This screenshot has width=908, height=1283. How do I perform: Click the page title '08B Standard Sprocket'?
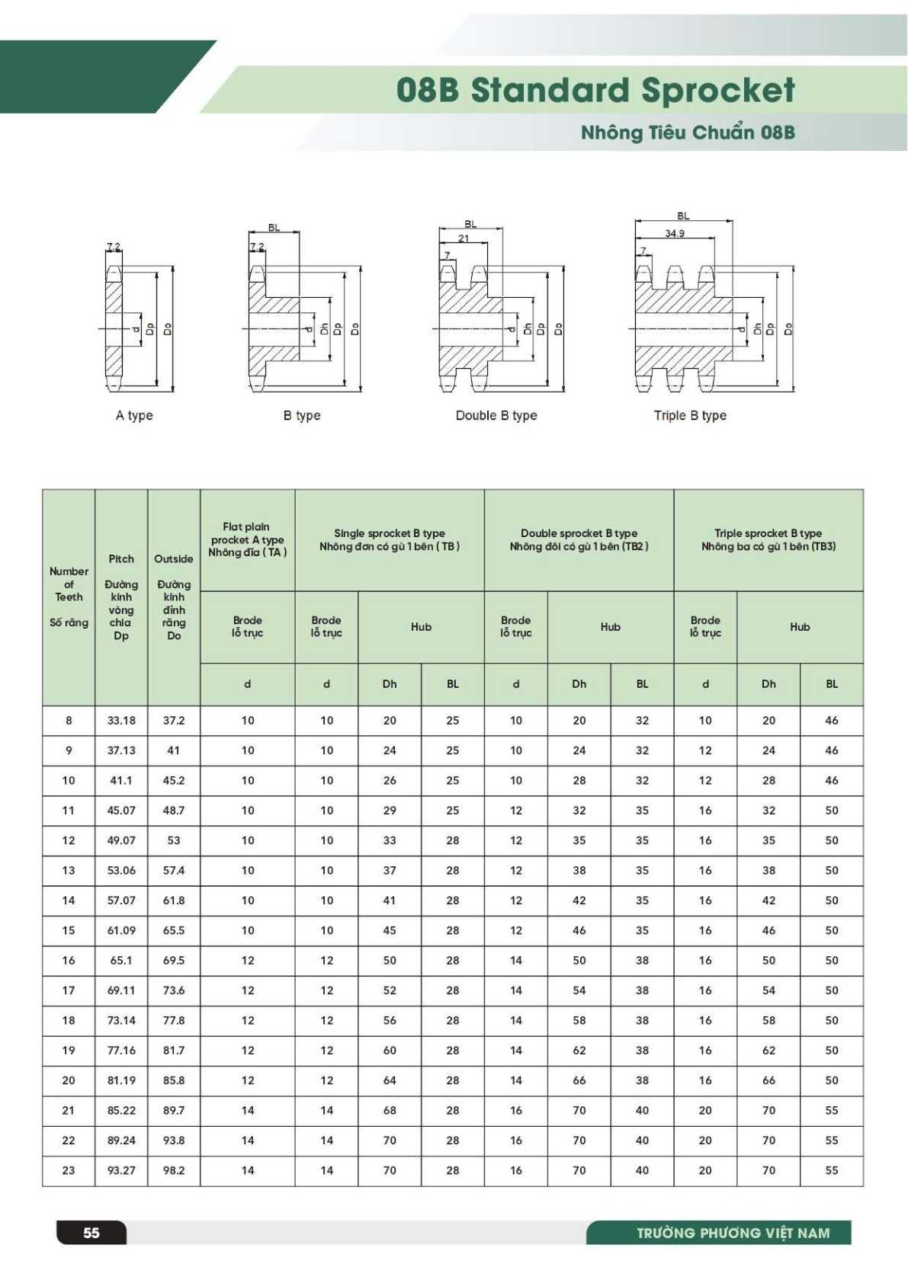click(x=595, y=90)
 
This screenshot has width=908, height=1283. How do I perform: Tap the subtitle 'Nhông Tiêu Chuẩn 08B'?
click(x=688, y=133)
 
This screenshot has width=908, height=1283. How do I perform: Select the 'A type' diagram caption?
click(x=134, y=415)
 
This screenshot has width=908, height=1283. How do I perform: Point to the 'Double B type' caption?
click(x=496, y=415)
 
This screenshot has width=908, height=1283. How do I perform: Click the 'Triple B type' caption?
click(x=690, y=415)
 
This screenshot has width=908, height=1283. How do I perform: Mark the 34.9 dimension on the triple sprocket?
click(x=675, y=233)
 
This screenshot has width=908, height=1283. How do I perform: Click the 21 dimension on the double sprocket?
click(x=464, y=238)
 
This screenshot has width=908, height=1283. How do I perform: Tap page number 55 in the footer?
click(x=91, y=1233)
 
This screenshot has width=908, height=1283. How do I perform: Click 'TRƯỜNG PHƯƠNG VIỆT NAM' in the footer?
click(x=733, y=1233)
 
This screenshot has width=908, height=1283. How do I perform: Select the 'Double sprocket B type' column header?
click(x=579, y=539)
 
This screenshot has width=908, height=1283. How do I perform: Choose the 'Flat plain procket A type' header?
click(x=247, y=539)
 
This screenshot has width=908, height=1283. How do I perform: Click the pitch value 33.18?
click(x=121, y=720)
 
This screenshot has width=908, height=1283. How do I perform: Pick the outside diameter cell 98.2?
click(x=174, y=1170)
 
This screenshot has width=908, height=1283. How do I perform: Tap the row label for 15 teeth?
click(x=69, y=930)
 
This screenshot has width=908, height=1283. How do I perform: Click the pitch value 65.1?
click(x=121, y=960)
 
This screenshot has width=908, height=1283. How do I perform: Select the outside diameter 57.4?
click(x=174, y=870)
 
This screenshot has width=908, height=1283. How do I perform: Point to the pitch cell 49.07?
click(x=121, y=840)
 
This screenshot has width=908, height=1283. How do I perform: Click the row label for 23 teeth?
click(x=69, y=1170)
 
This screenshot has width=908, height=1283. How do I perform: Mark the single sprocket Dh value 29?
click(x=390, y=810)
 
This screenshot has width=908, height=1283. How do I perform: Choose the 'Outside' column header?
click(x=174, y=559)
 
